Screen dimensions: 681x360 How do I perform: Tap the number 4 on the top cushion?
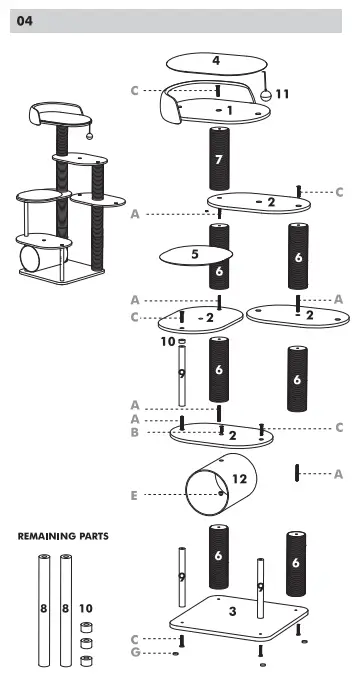pyautogui.click(x=216, y=61)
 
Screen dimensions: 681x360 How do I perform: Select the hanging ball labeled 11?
pyautogui.click(x=266, y=94)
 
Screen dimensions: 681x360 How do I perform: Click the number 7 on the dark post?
pyautogui.click(x=219, y=158)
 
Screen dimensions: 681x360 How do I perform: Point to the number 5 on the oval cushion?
pyautogui.click(x=195, y=255)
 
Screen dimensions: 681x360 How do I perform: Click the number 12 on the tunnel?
pyautogui.click(x=239, y=480)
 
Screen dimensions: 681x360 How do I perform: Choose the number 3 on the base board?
pyautogui.click(x=233, y=610)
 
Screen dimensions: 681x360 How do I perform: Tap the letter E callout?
pyautogui.click(x=133, y=494)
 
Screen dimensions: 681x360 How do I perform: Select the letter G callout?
pyautogui.click(x=133, y=653)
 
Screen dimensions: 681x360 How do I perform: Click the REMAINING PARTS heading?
pyautogui.click(x=63, y=537)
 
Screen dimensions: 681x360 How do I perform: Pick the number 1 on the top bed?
pyautogui.click(x=229, y=110)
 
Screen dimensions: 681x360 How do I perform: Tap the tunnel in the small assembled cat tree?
pyautogui.click(x=31, y=262)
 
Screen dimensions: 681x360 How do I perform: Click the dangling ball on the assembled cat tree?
pyautogui.click(x=89, y=134)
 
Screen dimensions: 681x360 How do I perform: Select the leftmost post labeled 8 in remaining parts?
pyautogui.click(x=44, y=607)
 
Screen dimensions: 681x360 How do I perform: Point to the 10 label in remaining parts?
pyautogui.click(x=86, y=607)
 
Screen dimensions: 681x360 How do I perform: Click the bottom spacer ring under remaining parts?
pyautogui.click(x=86, y=660)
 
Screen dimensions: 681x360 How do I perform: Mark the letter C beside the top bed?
pyautogui.click(x=133, y=90)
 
